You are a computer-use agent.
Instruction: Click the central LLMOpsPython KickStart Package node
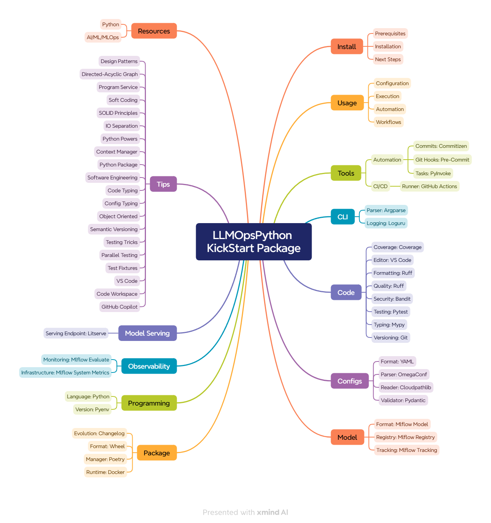[x=253, y=242]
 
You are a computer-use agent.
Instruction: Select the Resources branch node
[x=154, y=31]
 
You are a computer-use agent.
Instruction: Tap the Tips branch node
[x=163, y=184]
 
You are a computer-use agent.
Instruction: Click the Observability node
[x=149, y=366]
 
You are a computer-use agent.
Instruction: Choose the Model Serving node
[x=147, y=333]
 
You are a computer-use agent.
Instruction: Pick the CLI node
[x=342, y=217]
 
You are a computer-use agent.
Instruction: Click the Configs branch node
[x=350, y=381]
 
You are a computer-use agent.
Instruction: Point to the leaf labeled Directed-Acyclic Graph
[x=110, y=74]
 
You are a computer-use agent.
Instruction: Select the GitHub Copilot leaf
[x=119, y=307]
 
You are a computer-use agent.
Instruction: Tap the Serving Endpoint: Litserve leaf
[x=76, y=333]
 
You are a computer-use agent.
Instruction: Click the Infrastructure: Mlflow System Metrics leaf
[x=65, y=372]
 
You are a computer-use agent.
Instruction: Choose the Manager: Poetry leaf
[x=105, y=459]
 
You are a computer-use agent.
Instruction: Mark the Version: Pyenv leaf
[x=92, y=409]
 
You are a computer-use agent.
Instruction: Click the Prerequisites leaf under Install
[x=390, y=33]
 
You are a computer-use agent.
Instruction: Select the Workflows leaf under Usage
[x=388, y=122]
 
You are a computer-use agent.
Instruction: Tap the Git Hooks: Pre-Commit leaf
[x=442, y=160]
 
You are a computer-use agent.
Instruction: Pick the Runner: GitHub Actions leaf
[x=429, y=186]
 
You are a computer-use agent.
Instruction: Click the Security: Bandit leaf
[x=392, y=299]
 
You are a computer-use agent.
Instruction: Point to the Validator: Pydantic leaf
[x=403, y=400]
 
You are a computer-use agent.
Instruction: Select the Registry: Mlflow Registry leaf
[x=405, y=437]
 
